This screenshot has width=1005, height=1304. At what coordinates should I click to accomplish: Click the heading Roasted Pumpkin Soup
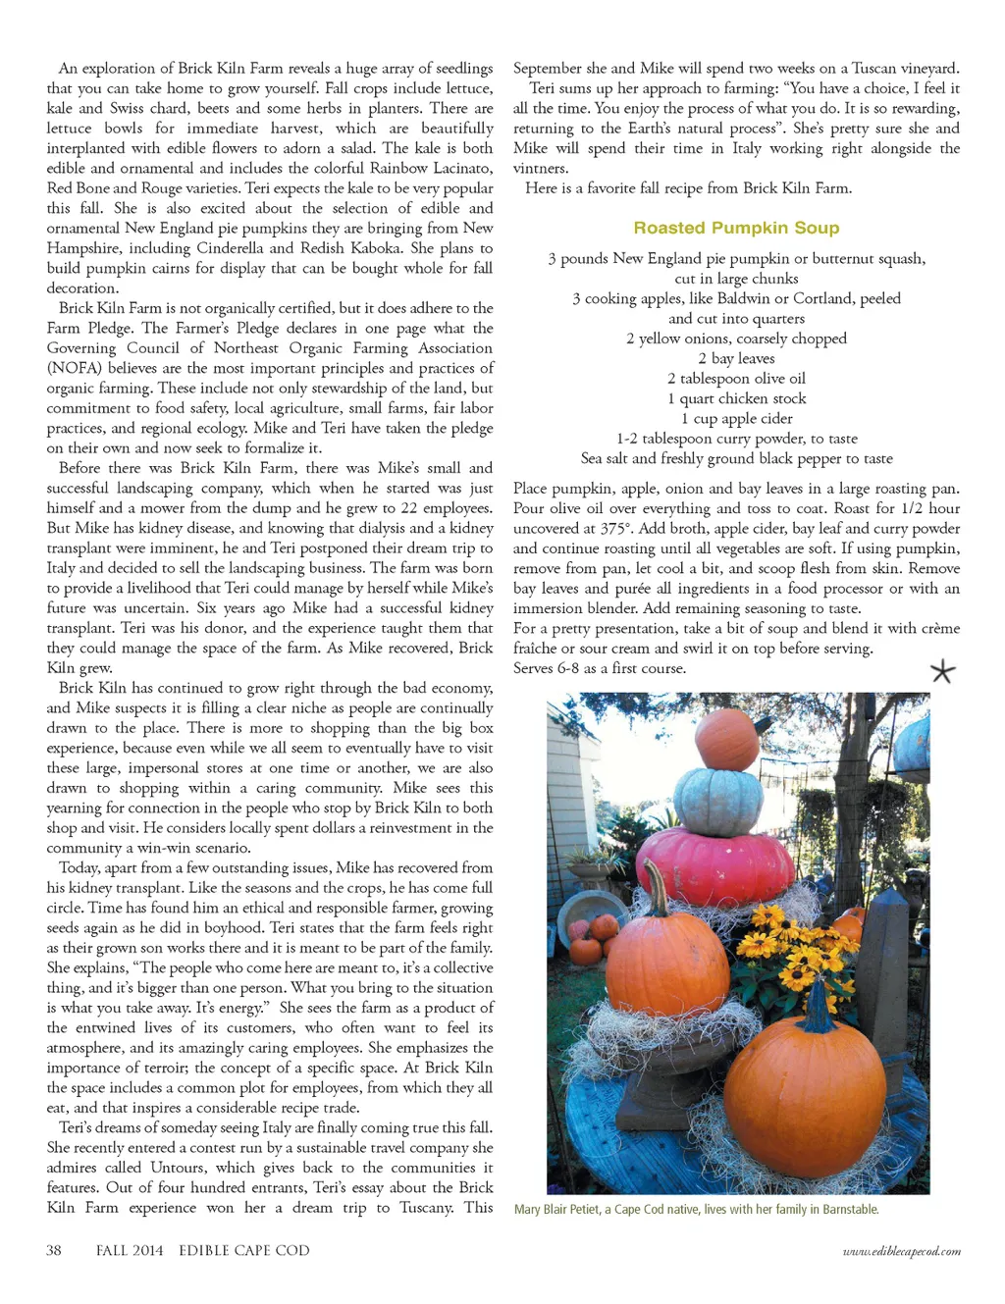coord(736,228)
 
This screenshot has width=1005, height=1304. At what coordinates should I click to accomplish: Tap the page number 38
coord(54,1250)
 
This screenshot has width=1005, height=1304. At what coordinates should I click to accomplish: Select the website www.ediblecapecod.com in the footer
coord(901,1251)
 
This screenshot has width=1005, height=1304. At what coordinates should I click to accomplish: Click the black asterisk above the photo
coord(942,671)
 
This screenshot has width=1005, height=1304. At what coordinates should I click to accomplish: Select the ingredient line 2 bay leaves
coord(736,358)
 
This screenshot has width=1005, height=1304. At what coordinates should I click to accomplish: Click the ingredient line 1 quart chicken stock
coord(736,398)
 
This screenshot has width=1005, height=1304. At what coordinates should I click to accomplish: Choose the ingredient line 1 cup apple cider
coord(736,418)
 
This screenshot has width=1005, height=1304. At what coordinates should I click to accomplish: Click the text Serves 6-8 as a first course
coord(600,668)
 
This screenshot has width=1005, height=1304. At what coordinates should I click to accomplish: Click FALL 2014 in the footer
coord(130,1250)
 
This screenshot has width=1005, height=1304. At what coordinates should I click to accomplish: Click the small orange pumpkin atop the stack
coord(726,738)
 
